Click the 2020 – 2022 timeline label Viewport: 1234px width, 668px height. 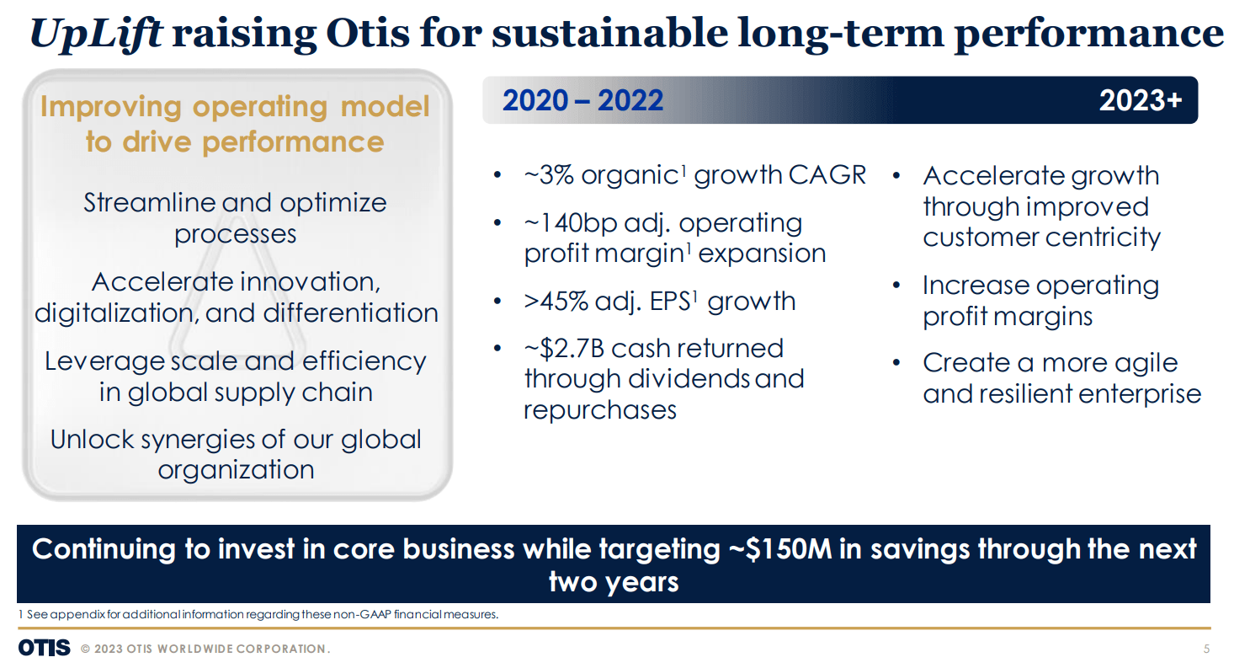click(x=582, y=101)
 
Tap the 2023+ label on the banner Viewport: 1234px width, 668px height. click(x=1141, y=101)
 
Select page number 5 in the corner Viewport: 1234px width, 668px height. click(x=1207, y=649)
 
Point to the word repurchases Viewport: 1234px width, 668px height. click(x=600, y=409)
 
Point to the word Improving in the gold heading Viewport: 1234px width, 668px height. click(x=110, y=107)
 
